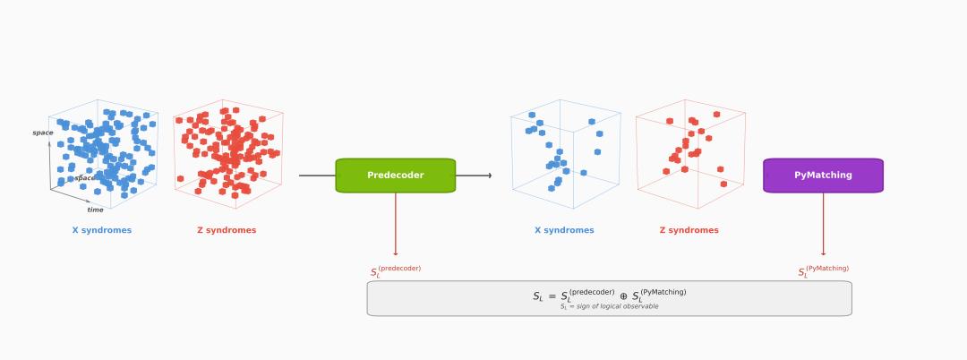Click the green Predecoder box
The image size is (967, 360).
coord(395,176)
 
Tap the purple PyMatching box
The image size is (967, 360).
coord(823,176)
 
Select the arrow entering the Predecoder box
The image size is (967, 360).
coord(318,176)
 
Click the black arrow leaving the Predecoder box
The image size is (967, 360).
coord(474,176)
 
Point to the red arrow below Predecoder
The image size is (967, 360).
coord(396,224)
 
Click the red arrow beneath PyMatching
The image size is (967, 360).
coord(824,224)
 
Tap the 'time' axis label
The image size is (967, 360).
coord(95,210)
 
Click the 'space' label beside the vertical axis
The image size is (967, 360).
coord(43,133)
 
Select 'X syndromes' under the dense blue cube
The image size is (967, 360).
coord(101,230)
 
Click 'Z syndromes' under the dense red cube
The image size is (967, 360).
coord(227,230)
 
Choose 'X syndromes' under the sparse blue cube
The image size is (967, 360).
coord(564,230)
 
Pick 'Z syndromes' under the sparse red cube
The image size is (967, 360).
coord(689,230)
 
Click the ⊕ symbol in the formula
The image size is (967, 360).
coord(623,296)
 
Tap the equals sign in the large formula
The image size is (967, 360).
coord(552,296)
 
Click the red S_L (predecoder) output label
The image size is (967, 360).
coord(395,271)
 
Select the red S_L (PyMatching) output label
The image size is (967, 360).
coord(823,270)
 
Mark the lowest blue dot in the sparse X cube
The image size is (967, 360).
coord(552,188)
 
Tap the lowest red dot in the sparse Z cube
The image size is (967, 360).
coord(723,184)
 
